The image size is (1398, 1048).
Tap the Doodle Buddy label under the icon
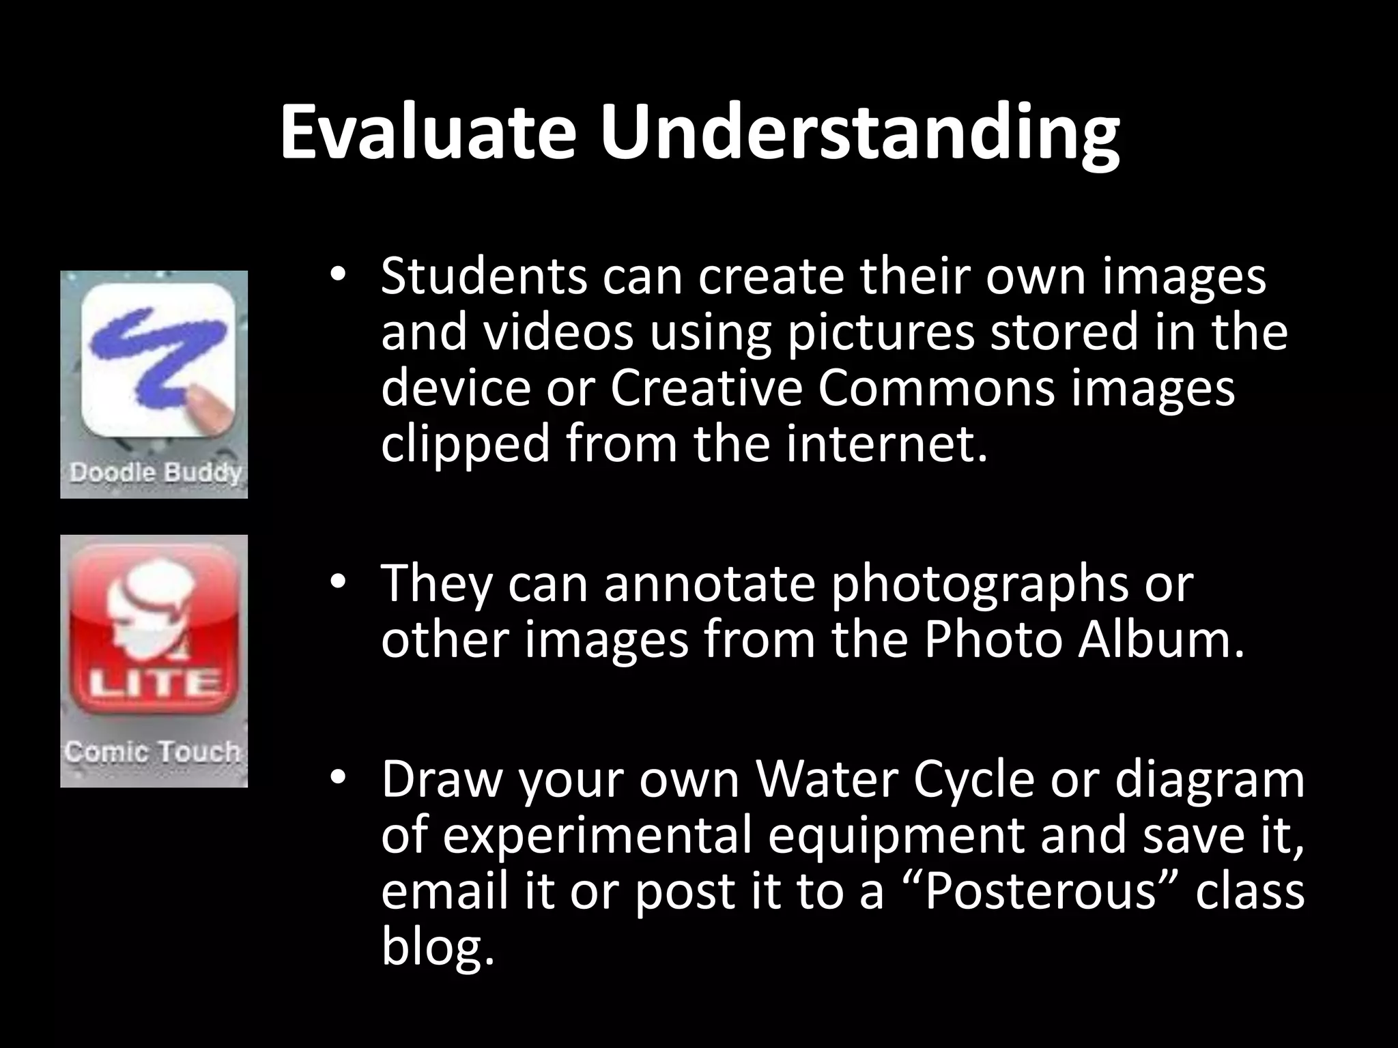coord(155,472)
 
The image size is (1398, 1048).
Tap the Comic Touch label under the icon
coord(153,751)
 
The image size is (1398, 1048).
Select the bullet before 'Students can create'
coord(337,276)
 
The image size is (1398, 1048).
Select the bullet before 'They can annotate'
coord(337,583)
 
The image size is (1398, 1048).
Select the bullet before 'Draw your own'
coord(337,778)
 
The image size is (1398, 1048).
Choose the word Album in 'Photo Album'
coord(1160,640)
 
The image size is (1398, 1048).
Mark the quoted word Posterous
coord(1041,891)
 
